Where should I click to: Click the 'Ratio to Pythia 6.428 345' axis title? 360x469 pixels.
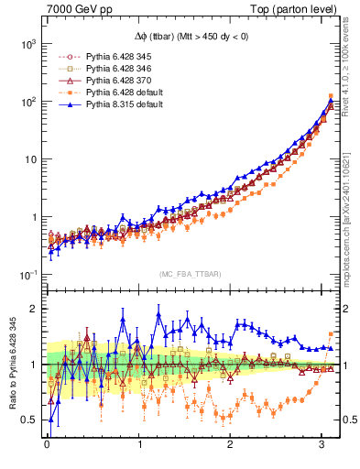[x=10, y=365]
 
